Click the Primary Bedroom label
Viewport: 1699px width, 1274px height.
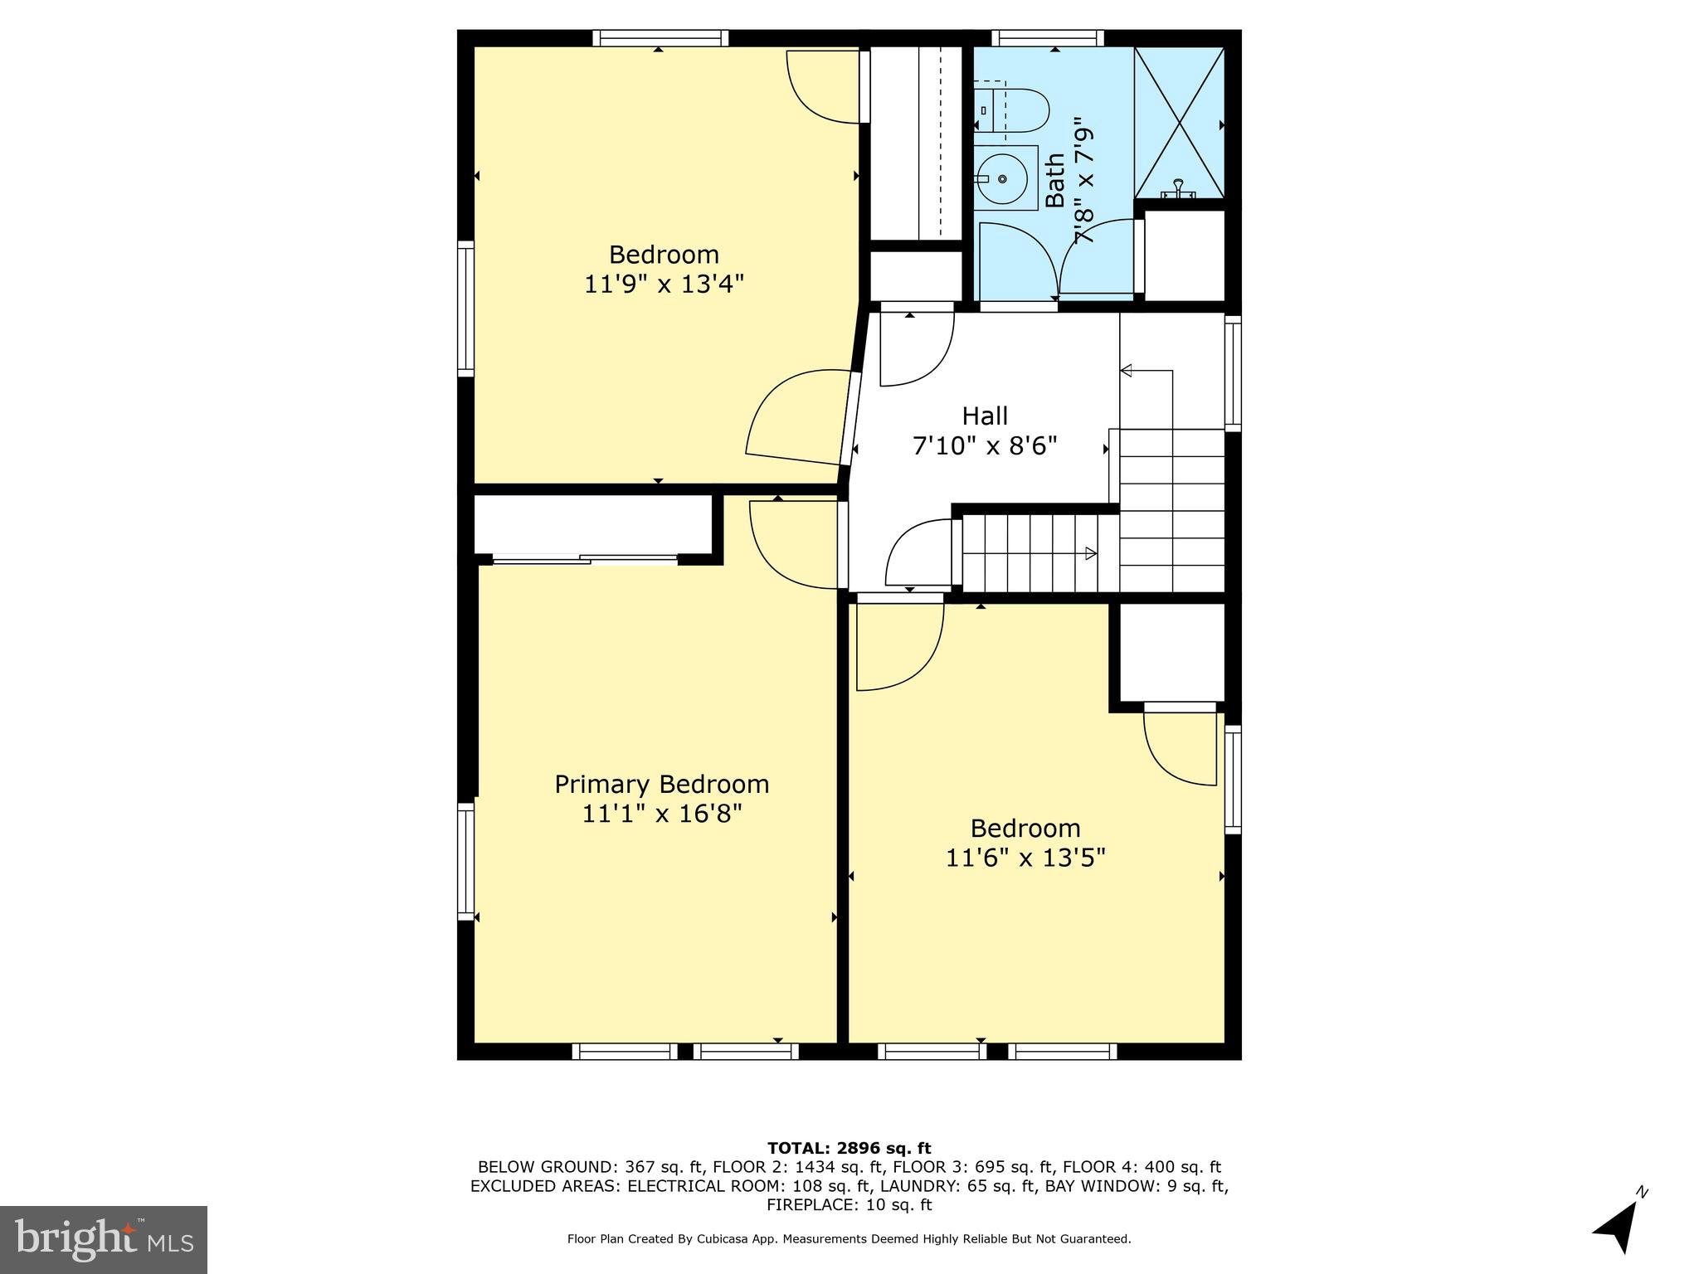[x=661, y=784]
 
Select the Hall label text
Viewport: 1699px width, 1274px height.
[x=985, y=416]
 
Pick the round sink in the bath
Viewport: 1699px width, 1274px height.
[x=1003, y=178]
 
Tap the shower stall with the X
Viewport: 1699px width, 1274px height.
[x=1179, y=123]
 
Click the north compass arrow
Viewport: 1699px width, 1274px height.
[x=1619, y=1227]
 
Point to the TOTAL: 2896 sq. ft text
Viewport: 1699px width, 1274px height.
[x=849, y=1148]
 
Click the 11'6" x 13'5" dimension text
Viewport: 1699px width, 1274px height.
[x=1025, y=858]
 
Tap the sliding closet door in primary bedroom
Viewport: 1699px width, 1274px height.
[x=585, y=560]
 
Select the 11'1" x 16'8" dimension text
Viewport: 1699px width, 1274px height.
[x=661, y=814]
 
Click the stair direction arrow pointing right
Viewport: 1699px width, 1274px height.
[x=1091, y=553]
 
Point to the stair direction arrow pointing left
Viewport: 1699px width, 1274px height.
[x=1127, y=371]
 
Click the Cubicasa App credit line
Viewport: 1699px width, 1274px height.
[x=849, y=1239]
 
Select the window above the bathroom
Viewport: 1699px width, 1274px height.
[x=1048, y=37]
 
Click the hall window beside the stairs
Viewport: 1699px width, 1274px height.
[x=1233, y=373]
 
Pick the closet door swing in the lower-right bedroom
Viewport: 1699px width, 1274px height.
[x=1178, y=746]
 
